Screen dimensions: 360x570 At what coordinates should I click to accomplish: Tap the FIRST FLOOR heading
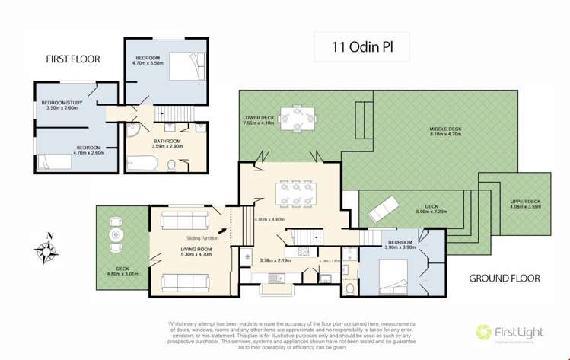pos(74,59)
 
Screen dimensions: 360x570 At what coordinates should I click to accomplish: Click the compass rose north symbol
pos(48,247)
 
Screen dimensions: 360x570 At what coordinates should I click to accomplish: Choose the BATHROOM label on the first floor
pos(167,141)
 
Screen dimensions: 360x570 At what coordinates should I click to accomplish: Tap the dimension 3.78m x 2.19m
pos(275,260)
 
